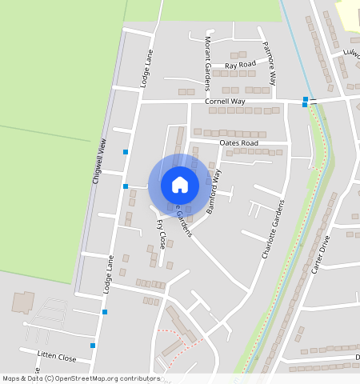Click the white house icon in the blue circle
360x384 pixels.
coord(180,185)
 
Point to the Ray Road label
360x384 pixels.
coord(240,64)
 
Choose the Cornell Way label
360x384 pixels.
coord(225,102)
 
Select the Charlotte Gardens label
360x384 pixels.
coord(274,228)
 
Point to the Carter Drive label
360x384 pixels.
coord(319,255)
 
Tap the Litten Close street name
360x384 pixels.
coord(57,357)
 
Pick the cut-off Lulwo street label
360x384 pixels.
coord(351,54)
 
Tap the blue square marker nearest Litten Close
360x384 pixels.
coord(94,346)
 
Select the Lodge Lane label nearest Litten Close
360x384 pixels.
coord(107,274)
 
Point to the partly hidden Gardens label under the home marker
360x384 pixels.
coord(185,223)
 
